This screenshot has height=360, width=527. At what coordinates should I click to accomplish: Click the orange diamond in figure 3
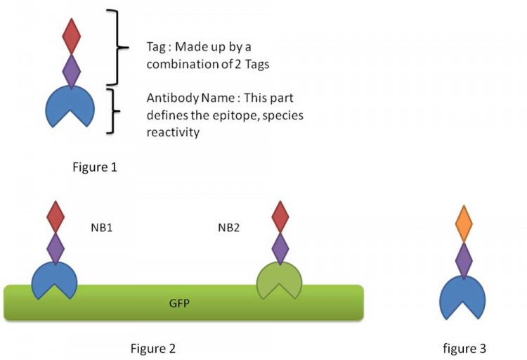464,224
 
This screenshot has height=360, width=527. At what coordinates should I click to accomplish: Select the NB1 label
101,228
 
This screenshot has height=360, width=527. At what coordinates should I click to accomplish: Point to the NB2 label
228,228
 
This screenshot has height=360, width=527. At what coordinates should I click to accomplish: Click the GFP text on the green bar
179,304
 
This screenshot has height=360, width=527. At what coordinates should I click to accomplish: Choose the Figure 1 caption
95,167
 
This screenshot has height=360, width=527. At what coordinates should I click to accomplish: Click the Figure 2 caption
153,348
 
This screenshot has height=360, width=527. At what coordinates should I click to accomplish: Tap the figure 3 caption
464,349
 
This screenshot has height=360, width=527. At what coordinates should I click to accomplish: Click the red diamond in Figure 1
72,37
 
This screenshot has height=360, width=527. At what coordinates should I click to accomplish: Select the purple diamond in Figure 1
72,71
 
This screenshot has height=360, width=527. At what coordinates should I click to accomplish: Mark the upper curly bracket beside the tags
117,47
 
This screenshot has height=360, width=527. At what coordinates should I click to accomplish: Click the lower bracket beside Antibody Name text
113,111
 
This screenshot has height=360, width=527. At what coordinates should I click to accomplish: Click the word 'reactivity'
173,132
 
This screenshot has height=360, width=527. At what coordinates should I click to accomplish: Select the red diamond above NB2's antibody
280,217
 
